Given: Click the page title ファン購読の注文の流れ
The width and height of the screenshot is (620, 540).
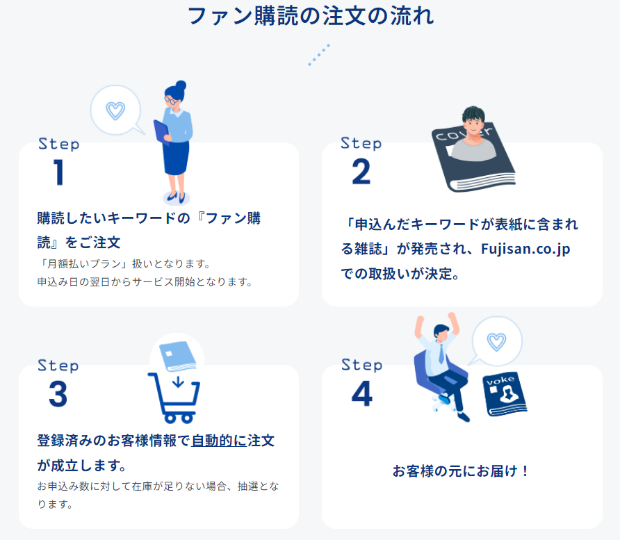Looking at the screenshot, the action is (311, 16).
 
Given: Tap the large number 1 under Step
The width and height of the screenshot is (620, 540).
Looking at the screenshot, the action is (59, 172).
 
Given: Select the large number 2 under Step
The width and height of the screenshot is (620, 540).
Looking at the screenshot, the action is (361, 172).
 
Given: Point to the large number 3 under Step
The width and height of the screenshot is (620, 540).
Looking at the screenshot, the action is (58, 394).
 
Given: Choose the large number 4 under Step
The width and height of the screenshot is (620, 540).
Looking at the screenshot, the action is (362, 393).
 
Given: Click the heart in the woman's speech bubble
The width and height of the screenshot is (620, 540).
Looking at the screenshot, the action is (115, 111).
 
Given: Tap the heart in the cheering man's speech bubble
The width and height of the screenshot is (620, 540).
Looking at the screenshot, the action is (497, 342).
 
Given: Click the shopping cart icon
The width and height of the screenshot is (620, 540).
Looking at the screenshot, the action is (174, 398).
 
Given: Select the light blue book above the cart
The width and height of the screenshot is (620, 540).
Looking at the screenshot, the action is (177, 357).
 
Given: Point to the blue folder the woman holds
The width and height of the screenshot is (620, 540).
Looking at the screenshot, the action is (161, 132).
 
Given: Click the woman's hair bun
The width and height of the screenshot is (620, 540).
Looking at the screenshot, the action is (181, 85).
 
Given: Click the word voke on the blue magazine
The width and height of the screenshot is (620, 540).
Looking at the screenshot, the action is (500, 380).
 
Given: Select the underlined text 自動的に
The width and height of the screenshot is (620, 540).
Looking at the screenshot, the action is (219, 441).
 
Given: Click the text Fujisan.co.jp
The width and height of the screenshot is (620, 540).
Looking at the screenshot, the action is (525, 249).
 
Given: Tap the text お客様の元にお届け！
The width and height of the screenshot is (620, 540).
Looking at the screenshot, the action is (461, 471).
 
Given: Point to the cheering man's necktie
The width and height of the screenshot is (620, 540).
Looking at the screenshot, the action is (441, 354).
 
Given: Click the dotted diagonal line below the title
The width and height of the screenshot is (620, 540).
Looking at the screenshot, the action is (319, 55).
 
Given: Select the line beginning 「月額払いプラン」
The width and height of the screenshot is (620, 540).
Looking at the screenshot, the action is (124, 263).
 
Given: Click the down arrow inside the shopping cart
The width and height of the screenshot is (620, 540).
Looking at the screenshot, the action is (179, 382).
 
